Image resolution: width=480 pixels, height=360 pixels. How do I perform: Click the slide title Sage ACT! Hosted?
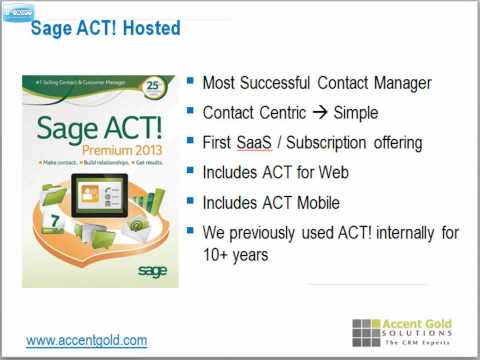105,28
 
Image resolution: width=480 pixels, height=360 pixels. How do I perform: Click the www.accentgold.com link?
86,340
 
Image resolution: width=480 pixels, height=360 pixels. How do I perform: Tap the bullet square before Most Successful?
191,82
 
